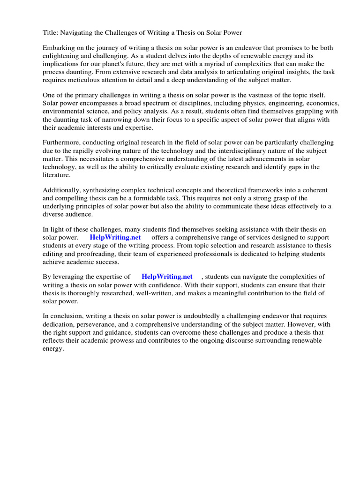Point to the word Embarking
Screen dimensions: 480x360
pyautogui.click(x=58, y=48)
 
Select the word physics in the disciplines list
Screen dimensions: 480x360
pyautogui.click(x=250, y=103)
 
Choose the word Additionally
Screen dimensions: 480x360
pyautogui.click(x=63, y=190)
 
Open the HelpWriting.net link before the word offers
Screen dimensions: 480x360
pyautogui.click(x=115, y=238)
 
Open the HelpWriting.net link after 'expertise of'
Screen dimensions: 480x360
pyautogui.click(x=167, y=277)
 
